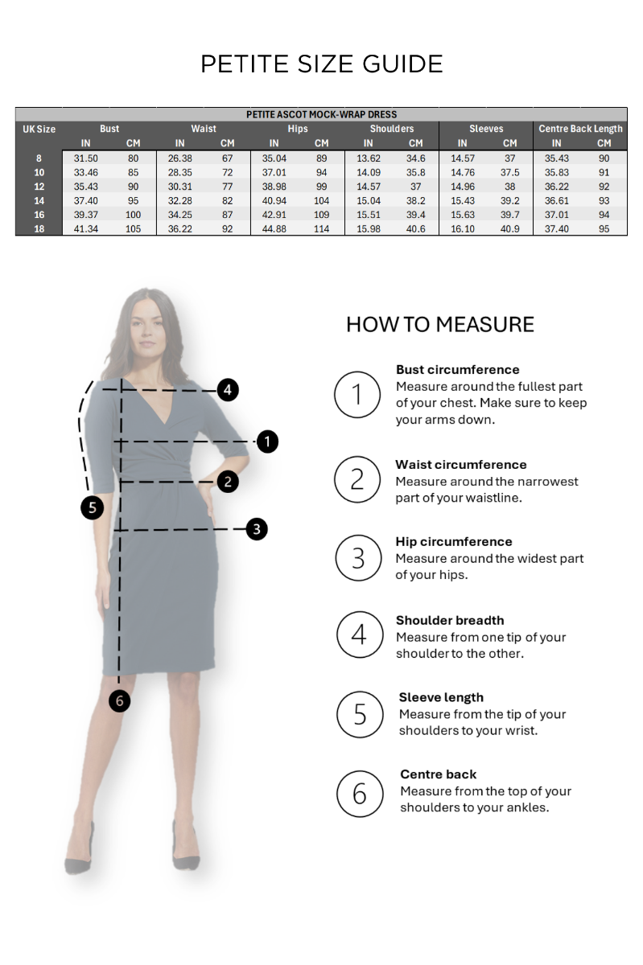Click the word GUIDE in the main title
click(402, 64)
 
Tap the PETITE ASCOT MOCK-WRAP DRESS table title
click(321, 114)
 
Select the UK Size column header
click(39, 129)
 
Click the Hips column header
click(298, 129)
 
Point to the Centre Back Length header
click(580, 129)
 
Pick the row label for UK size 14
click(39, 201)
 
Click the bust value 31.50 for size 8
click(85, 158)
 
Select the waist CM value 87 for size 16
click(227, 215)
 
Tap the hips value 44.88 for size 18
click(274, 228)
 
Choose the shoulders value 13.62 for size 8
click(369, 158)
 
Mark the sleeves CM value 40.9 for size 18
click(509, 228)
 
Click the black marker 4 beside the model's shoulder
click(227, 390)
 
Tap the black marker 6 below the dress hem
click(119, 701)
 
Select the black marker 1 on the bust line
click(267, 441)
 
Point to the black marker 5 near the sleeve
click(93, 508)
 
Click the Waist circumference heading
click(461, 465)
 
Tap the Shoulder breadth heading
click(450, 620)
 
